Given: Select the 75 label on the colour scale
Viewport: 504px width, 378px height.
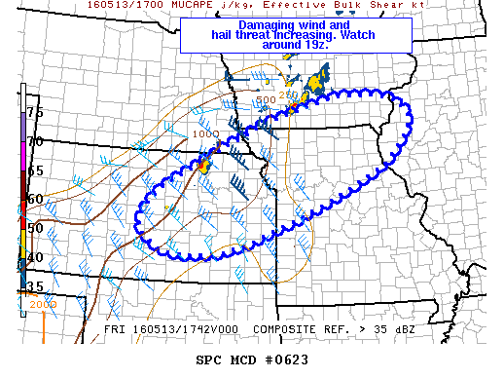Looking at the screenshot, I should [x=34, y=113].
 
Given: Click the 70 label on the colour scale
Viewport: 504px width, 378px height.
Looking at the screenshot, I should [x=34, y=142].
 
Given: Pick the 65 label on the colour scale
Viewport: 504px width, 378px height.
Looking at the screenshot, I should [x=34, y=170].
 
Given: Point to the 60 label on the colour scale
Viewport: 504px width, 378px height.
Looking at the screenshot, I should [x=34, y=199].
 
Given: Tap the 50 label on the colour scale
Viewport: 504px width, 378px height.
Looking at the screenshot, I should [x=34, y=228].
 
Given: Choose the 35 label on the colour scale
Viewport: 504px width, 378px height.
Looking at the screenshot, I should [x=34, y=286].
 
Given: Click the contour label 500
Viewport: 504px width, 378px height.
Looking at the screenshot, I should [x=266, y=99].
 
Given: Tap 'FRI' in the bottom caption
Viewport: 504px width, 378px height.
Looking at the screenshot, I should [x=115, y=330].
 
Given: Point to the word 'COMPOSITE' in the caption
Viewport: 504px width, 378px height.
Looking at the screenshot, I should [x=283, y=330].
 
